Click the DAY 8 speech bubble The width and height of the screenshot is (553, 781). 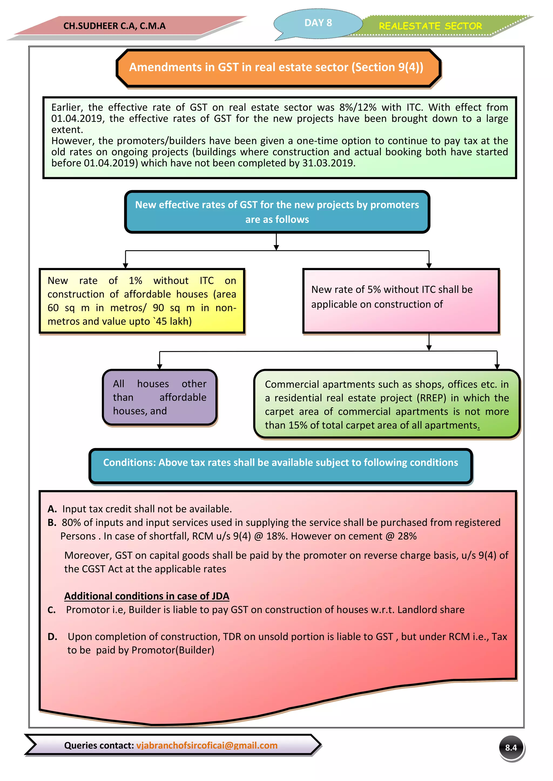coord(318,23)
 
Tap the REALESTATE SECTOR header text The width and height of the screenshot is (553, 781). coord(430,26)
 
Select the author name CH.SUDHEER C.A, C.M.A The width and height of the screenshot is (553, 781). coord(114,26)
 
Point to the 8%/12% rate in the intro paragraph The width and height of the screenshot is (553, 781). coord(358,108)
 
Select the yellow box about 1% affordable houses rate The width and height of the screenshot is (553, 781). coord(142,301)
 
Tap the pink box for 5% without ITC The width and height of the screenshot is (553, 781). coord(401,301)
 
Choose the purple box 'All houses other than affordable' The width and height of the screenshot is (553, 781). coord(159,397)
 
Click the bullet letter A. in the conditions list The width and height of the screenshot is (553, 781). coord(52,509)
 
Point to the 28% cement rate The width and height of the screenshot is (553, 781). coord(407,536)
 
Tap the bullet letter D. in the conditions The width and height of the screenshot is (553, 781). coord(52,637)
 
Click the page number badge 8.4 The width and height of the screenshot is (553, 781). coord(511,747)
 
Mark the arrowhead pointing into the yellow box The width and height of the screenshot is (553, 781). coord(125,266)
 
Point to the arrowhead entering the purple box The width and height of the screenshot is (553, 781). coord(159,366)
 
